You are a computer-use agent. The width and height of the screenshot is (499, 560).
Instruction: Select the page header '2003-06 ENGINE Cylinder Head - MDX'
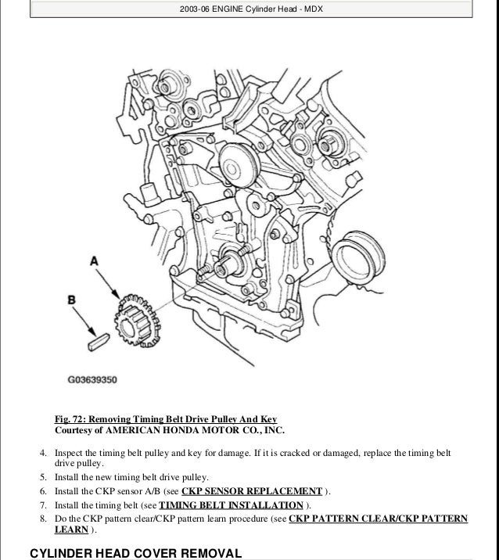click(249, 9)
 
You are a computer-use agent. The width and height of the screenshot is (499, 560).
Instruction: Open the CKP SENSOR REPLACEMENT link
click(251, 490)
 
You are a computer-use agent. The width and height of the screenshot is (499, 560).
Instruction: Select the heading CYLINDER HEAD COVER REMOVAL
click(135, 552)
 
